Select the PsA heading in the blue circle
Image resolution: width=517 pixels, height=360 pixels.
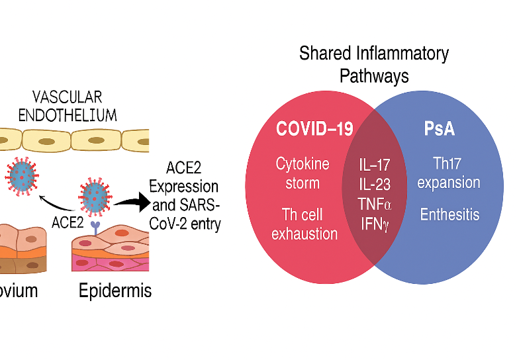[x=440, y=128]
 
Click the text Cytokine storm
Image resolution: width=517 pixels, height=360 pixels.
[x=303, y=173]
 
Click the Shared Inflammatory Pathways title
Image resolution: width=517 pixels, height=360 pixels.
[x=374, y=64]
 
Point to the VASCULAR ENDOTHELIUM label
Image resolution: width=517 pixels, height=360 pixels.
[x=68, y=105]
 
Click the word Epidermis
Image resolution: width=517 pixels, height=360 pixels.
[x=115, y=291]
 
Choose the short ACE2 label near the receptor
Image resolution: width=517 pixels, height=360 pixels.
[x=67, y=224]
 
